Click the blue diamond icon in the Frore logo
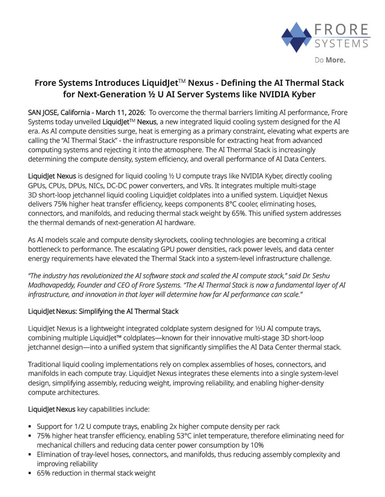[x=296, y=37]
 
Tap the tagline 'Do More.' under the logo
[x=330, y=60]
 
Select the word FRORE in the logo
[x=341, y=30]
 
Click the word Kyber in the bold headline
[x=302, y=94]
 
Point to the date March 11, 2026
[x=121, y=112]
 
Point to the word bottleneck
[x=45, y=249]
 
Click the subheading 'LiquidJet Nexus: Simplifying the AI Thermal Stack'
[x=103, y=311]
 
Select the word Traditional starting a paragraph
[x=44, y=364]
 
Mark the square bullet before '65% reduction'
[x=30, y=473]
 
